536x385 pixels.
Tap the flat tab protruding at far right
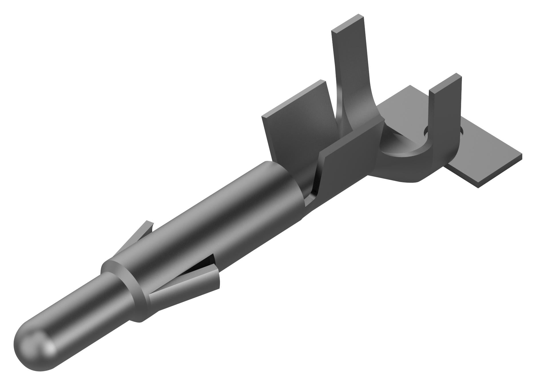(486, 163)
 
